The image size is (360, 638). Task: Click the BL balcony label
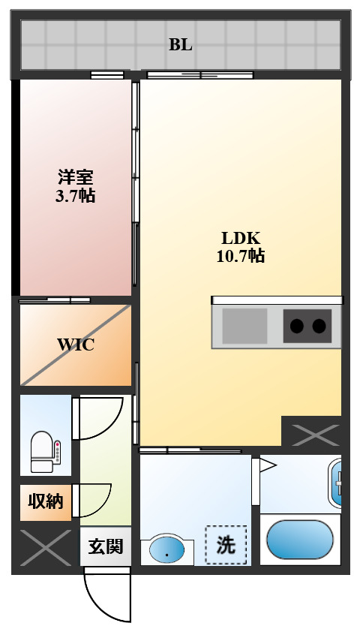pos(180,44)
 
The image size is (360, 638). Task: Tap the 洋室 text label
pos(76,179)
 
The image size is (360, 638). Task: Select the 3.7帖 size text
pos(76,197)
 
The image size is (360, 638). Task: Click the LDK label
pos(240,238)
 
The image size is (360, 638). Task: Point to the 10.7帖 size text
pos(240,256)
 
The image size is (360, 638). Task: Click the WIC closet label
pos(76,345)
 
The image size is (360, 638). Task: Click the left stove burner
pos(297,326)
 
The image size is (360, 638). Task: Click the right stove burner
pos(319,326)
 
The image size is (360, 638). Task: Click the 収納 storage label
pos(45,501)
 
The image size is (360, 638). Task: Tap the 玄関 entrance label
pos(105,546)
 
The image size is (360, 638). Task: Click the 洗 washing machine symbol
pos(226,545)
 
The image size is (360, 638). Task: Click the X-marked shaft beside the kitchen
pos(310,432)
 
